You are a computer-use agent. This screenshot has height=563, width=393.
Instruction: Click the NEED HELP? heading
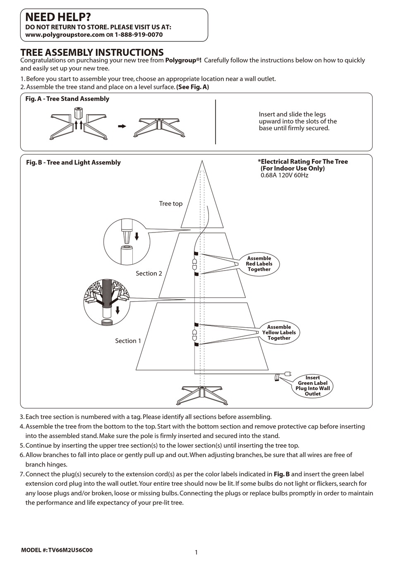pyautogui.click(x=58, y=17)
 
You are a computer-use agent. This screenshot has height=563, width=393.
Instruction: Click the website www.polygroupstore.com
pyautogui.click(x=65, y=35)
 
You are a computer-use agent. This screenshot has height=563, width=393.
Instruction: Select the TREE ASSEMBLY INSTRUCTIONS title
pyautogui.click(x=92, y=53)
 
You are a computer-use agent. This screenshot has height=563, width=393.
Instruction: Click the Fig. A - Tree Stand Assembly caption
pyautogui.click(x=67, y=99)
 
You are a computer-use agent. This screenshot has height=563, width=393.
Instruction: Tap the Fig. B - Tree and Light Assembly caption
pyautogui.click(x=73, y=163)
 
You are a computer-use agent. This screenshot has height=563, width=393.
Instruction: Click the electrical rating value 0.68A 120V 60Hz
pyautogui.click(x=284, y=175)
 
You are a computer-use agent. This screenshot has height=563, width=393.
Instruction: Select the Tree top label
pyautogui.click(x=170, y=204)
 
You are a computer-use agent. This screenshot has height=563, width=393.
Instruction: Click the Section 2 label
pyautogui.click(x=149, y=273)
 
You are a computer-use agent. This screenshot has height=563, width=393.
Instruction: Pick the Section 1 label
pyautogui.click(x=128, y=341)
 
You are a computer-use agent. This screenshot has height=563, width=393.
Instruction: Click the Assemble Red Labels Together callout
pyautogui.click(x=259, y=264)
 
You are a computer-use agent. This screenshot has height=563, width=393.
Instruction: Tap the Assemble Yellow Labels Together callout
pyautogui.click(x=279, y=333)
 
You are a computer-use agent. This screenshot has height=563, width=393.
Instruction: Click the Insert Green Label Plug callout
pyautogui.click(x=313, y=386)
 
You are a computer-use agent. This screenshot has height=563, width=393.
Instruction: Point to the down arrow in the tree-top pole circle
pyautogui.click(x=137, y=237)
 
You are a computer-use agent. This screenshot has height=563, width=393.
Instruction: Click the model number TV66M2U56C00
pyautogui.click(x=70, y=550)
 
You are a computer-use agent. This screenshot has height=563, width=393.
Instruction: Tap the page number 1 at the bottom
pyautogui.click(x=196, y=552)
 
